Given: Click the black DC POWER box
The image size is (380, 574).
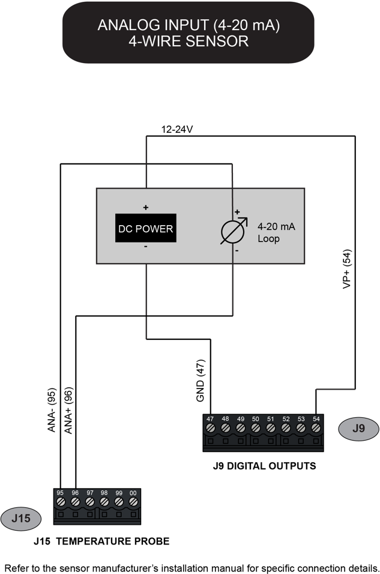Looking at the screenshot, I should (x=146, y=228).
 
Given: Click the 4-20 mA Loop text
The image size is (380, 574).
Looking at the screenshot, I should (x=277, y=232).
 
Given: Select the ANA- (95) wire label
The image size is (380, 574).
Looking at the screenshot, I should (x=52, y=411).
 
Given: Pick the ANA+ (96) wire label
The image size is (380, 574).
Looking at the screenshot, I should (x=68, y=411).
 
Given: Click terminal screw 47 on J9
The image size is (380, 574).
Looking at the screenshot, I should (x=210, y=428).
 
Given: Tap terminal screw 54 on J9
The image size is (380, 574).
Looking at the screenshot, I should (x=316, y=428).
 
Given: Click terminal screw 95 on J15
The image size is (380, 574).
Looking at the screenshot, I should (x=61, y=501).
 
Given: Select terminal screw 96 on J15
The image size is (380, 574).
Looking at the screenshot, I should (x=75, y=501).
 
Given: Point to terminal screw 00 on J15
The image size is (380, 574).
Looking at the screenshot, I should (x=133, y=501).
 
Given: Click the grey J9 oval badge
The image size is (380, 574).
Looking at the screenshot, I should (x=358, y=428).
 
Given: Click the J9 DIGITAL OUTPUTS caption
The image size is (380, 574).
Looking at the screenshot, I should (x=264, y=465).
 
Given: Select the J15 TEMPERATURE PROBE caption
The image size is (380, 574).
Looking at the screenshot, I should (x=101, y=542).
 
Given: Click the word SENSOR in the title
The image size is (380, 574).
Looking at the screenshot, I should (x=219, y=42).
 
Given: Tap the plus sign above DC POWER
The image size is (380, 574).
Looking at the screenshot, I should (x=146, y=207).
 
